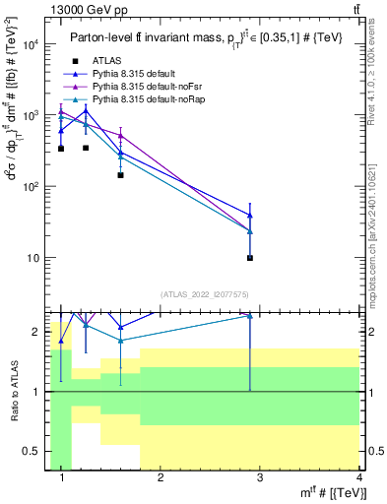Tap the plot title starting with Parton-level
(x=207, y=38)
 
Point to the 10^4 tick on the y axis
(x=30, y=44)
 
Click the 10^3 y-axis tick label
(x=30, y=115)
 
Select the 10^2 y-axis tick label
(x=30, y=186)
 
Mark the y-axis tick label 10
(x=32, y=258)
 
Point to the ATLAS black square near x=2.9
(x=250, y=258)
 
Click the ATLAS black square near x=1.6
(x=120, y=175)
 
